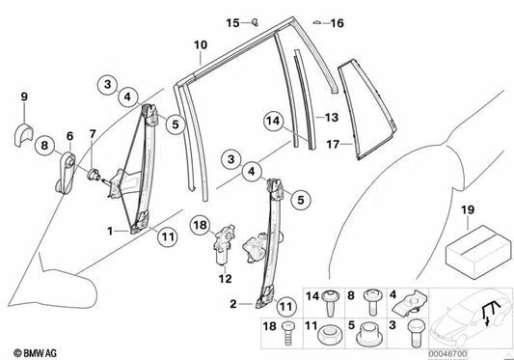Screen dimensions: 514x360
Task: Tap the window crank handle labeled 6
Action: point(66,174)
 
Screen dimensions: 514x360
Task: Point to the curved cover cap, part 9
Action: point(23,134)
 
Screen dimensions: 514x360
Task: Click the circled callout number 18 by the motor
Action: point(201,225)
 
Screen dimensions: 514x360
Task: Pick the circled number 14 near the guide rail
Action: point(273,121)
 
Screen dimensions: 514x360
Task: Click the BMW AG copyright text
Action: point(35,353)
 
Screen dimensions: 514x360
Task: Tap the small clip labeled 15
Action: point(255,22)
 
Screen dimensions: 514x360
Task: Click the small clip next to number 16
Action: point(316,22)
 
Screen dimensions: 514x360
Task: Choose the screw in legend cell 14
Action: point(330,302)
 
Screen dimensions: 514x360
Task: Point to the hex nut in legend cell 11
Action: point(330,335)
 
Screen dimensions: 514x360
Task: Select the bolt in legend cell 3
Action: point(414,333)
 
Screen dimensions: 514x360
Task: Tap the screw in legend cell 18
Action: point(287,333)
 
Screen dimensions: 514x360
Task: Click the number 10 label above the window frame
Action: point(201,44)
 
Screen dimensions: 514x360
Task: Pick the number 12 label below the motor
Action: point(226,279)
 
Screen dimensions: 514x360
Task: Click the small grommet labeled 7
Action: point(94,174)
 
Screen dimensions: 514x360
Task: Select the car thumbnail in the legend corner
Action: point(470,318)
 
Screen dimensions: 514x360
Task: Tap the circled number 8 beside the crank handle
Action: point(44,145)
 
